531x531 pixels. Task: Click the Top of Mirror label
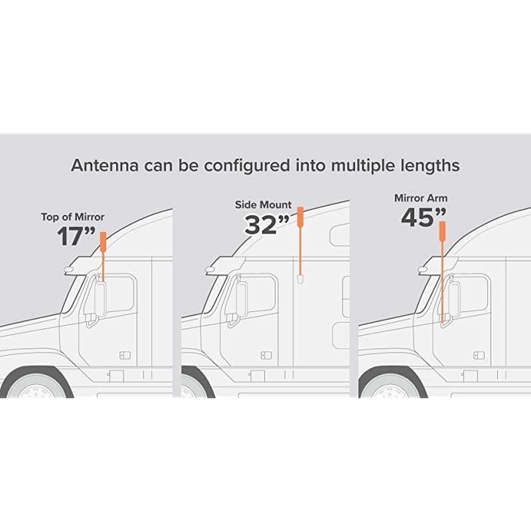73,217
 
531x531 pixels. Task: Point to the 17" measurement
76,236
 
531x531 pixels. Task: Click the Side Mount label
264,205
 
